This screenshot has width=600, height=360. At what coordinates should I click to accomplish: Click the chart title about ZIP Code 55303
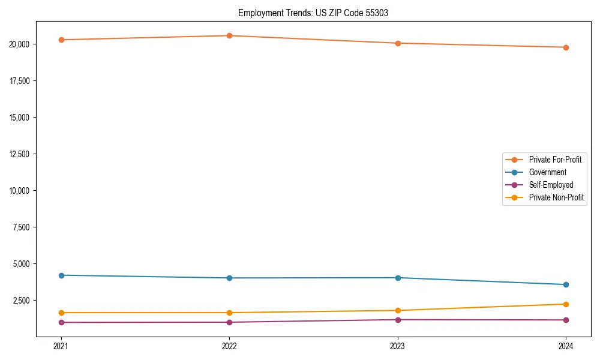pyautogui.click(x=313, y=13)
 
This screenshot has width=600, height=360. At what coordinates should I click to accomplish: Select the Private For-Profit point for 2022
pyautogui.click(x=229, y=35)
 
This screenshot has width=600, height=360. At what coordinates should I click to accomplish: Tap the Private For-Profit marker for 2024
pyautogui.click(x=566, y=47)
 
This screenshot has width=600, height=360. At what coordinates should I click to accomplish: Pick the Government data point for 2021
pyautogui.click(x=61, y=275)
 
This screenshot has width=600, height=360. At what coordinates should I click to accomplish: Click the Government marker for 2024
pyautogui.click(x=566, y=284)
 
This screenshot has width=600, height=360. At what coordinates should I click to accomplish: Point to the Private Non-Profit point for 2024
pyautogui.click(x=566, y=304)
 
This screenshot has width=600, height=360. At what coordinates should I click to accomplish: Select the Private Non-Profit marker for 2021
pyautogui.click(x=61, y=313)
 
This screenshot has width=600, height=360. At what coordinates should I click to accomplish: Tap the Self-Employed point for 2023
pyautogui.click(x=398, y=320)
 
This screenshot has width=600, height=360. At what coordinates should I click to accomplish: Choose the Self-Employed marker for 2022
pyautogui.click(x=229, y=322)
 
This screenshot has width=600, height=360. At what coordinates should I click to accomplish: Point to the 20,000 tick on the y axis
pyautogui.click(x=22, y=44)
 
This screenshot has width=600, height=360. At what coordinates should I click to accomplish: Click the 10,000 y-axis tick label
pyautogui.click(x=22, y=191)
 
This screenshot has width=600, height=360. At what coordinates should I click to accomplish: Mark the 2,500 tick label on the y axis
pyautogui.click(x=23, y=301)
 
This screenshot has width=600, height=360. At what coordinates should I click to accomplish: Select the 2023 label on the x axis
pyautogui.click(x=398, y=346)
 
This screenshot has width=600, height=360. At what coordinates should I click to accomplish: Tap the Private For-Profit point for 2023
pyautogui.click(x=398, y=43)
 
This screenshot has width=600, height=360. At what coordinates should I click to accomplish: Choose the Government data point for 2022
pyautogui.click(x=229, y=278)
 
